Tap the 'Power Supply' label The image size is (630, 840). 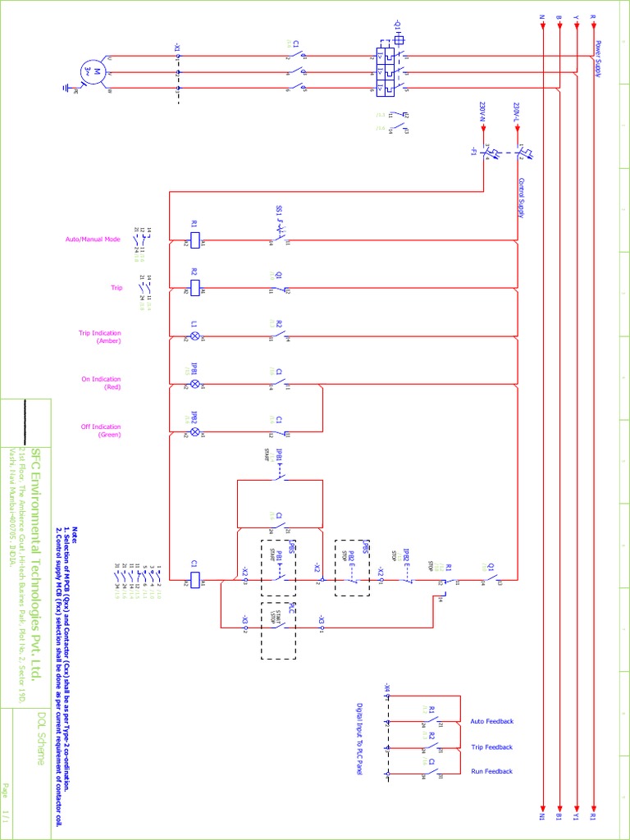point(599,59)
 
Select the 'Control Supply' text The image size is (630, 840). point(522,198)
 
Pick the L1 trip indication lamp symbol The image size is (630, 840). point(195,336)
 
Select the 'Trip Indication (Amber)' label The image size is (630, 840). point(100,336)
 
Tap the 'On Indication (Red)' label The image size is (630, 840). point(101,383)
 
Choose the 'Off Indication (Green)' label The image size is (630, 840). point(101,431)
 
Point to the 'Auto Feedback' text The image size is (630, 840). point(491,721)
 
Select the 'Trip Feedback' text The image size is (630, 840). point(491,747)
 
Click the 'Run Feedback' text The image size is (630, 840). point(491,771)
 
